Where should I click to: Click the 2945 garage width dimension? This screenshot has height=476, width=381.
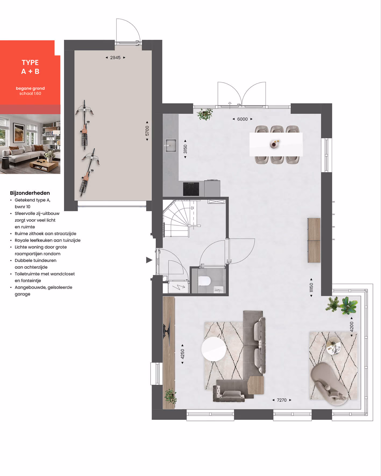115,57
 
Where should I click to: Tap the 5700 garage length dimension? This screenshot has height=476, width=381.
147,131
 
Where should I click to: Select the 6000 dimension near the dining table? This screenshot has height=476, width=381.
242,119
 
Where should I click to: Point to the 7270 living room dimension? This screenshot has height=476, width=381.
282,400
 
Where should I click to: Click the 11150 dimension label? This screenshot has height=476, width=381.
311,287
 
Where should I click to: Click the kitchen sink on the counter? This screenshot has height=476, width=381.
170,145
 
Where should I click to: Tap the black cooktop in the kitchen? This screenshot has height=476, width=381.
191,189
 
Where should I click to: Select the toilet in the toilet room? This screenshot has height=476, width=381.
204,281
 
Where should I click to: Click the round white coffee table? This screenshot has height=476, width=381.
214,349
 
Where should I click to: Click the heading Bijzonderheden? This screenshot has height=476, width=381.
30,193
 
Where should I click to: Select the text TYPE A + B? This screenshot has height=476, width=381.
30,67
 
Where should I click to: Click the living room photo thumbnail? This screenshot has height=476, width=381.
30,144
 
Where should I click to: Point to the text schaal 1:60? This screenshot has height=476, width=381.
30,93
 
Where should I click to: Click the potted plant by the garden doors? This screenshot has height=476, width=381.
205,114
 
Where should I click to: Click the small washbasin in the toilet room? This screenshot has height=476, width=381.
219,289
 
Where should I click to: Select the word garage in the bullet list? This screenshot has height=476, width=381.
23,294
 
